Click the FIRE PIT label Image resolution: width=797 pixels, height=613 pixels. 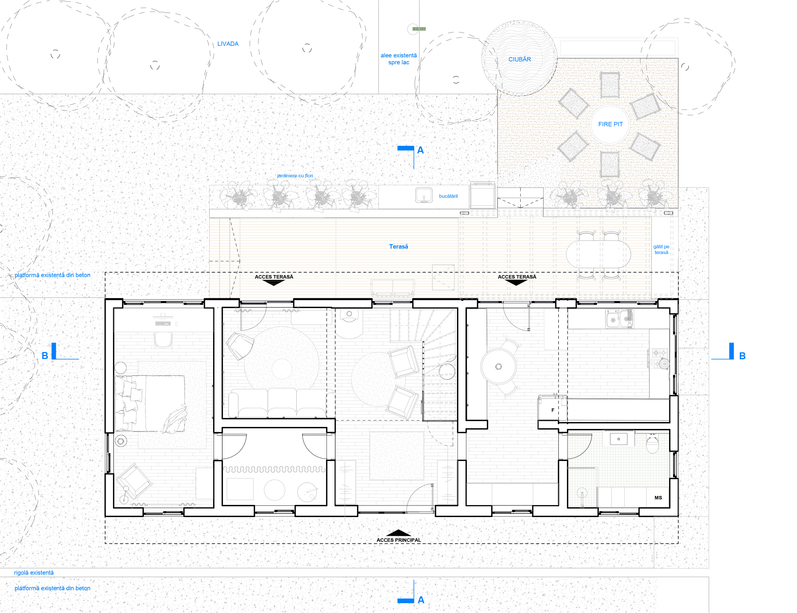[x=610, y=124]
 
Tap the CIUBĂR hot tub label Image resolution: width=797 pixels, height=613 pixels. [x=519, y=59]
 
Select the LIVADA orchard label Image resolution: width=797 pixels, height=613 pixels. [x=228, y=44]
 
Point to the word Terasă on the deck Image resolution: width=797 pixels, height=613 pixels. [x=398, y=247]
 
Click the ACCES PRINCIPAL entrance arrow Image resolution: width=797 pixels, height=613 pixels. [x=398, y=533]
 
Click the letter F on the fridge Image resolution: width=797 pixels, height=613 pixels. [x=553, y=410]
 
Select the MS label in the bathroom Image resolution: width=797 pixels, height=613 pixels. [x=658, y=498]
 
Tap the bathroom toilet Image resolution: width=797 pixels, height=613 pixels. [x=652, y=443]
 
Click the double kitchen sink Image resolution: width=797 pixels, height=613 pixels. [x=619, y=319]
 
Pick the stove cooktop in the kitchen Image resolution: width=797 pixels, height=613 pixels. [x=660, y=358]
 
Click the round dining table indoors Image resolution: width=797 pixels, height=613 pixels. [x=498, y=366]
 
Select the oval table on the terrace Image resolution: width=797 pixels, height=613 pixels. [x=598, y=254]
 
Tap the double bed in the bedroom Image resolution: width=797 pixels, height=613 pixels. [x=150, y=404]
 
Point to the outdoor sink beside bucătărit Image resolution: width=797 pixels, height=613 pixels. [x=424, y=195]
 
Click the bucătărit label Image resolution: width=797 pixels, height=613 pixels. [x=448, y=196]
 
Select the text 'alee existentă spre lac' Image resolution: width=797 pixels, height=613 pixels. [x=398, y=59]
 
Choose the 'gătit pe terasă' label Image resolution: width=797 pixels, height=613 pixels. [x=661, y=250]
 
